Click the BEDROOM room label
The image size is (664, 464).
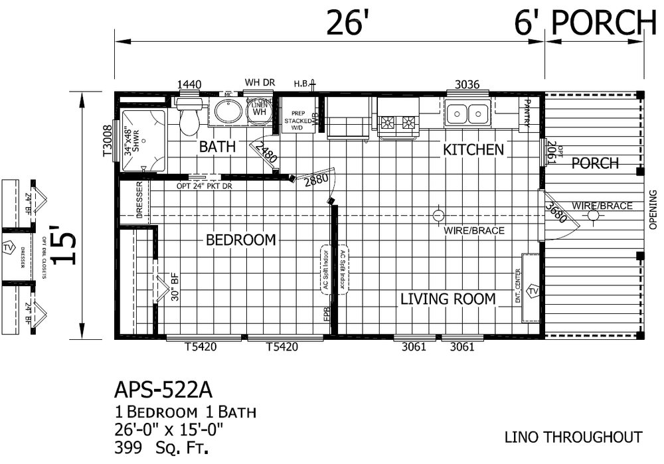pyautogui.click(x=240, y=240)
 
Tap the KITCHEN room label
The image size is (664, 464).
pyautogui.click(x=473, y=149)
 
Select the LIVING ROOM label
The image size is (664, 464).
pyautogui.click(x=448, y=299)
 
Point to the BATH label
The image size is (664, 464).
pyautogui.click(x=217, y=147)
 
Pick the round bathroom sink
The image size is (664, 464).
pyautogui.click(x=228, y=112)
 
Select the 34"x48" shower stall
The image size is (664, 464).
pyautogui.click(x=143, y=140)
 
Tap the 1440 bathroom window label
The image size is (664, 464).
pyautogui.click(x=189, y=84)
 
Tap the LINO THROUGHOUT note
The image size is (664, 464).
pyautogui.click(x=573, y=437)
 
